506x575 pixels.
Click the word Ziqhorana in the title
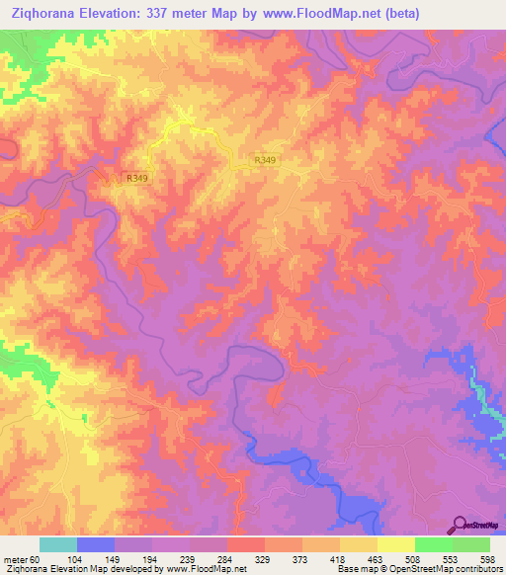[x=42, y=14]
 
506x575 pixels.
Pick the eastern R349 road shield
[x=264, y=160]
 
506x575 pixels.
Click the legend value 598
[x=488, y=559]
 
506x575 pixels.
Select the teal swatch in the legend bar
[x=58, y=544]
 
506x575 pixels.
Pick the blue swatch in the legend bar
[x=96, y=544]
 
